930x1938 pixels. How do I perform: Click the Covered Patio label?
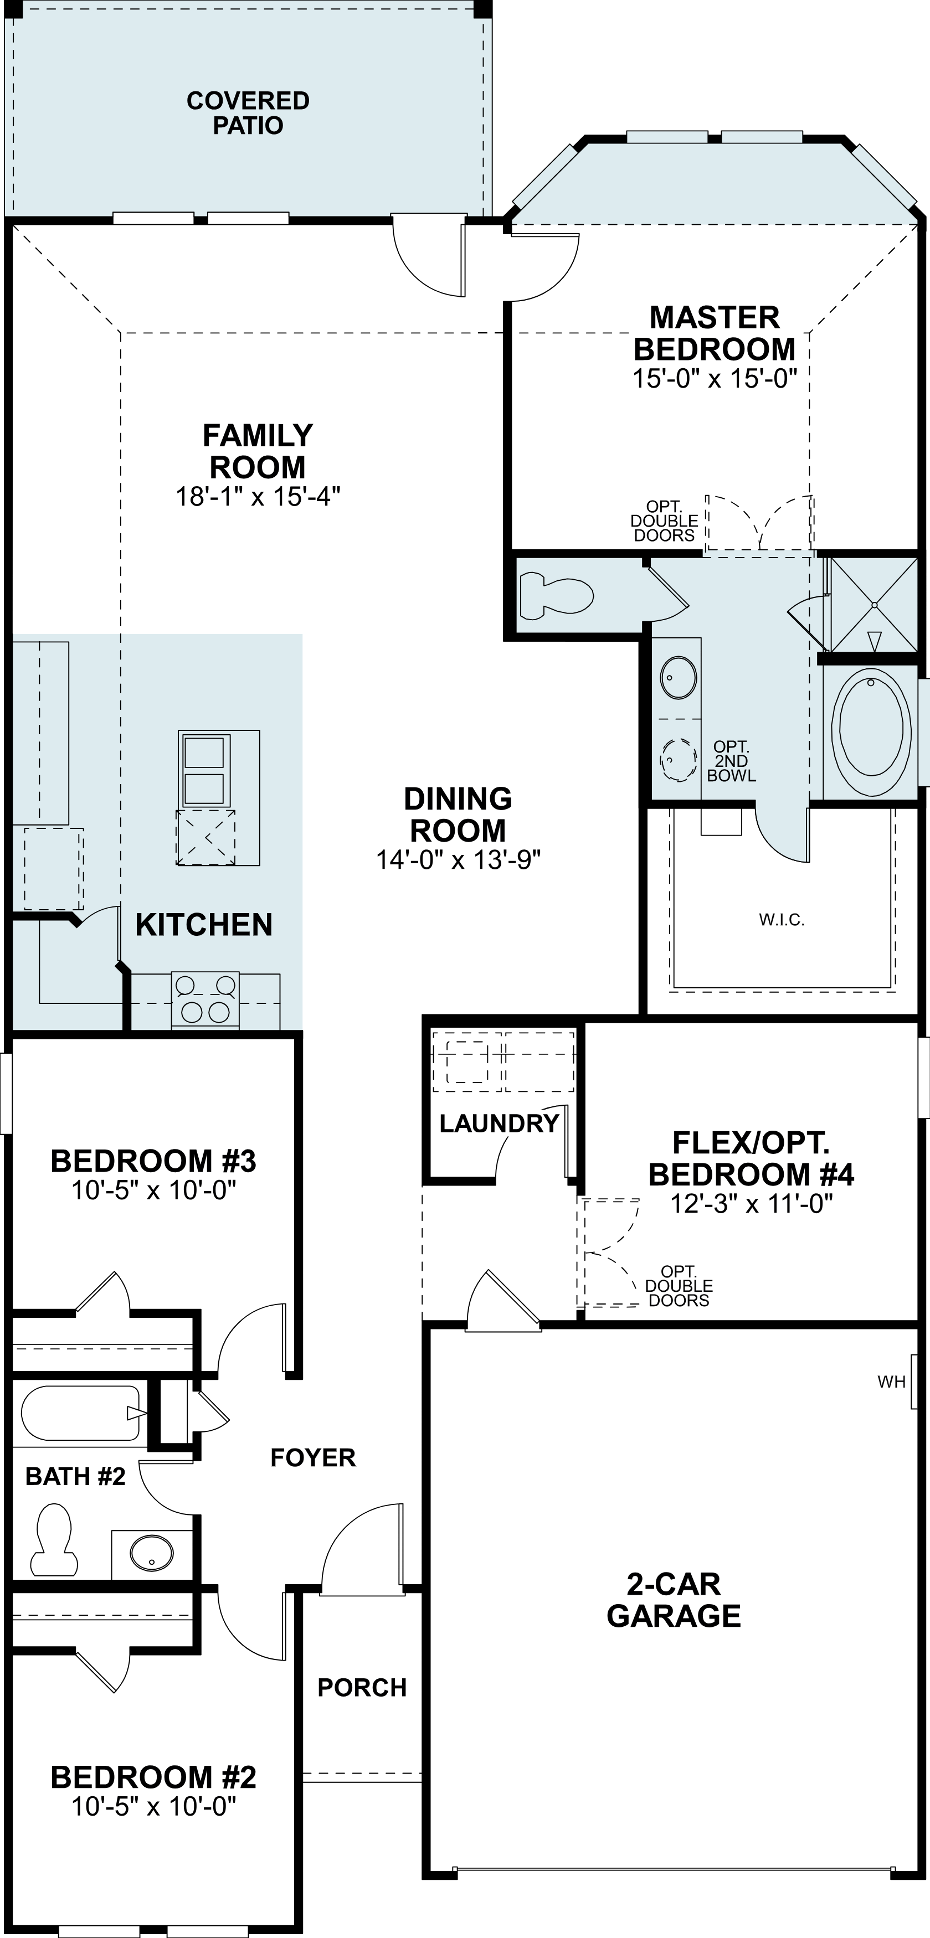coord(248,113)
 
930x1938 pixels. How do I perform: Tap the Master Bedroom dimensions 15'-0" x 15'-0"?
coord(714,378)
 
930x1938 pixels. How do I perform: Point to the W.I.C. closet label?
coord(782,919)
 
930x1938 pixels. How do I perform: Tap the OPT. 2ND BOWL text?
coord(731,761)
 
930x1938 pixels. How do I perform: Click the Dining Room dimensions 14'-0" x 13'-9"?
coord(458,859)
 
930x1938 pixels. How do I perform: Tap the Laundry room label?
coord(499,1124)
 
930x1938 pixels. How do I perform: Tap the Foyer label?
coord(313,1457)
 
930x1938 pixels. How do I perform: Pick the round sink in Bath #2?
coord(151,1552)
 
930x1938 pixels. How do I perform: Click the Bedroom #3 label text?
coord(153,1161)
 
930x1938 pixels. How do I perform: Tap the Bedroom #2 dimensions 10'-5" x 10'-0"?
coord(153,1806)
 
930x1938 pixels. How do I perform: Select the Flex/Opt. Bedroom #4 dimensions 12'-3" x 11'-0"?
coord(751,1204)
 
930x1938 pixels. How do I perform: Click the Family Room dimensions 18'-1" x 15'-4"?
coord(258,497)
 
